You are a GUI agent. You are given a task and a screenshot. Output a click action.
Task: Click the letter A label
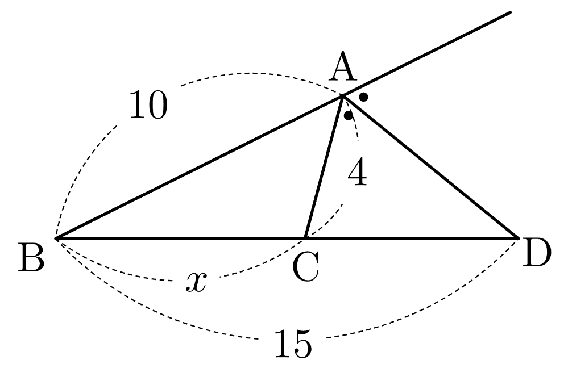pyautogui.click(x=343, y=67)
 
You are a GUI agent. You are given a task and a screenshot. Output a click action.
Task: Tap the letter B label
pyautogui.click(x=31, y=257)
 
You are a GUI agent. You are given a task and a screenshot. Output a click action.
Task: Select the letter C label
pyautogui.click(x=306, y=267)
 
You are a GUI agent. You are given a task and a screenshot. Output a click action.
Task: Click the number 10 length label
pyautogui.click(x=148, y=105)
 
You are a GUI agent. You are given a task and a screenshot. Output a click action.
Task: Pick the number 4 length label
pyautogui.click(x=357, y=174)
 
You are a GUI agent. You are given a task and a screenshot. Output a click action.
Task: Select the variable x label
pyautogui.click(x=196, y=282)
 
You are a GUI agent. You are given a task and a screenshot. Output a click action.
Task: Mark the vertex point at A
pyautogui.click(x=342, y=96)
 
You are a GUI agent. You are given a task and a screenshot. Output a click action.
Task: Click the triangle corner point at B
pyautogui.click(x=56, y=238)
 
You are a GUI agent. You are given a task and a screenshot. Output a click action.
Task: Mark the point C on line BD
pyautogui.click(x=305, y=238)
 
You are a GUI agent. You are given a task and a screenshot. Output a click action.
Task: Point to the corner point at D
pyautogui.click(x=517, y=238)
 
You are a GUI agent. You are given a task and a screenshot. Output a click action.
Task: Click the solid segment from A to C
pyautogui.click(x=324, y=167)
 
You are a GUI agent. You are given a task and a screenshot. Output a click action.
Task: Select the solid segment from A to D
pyautogui.click(x=430, y=167)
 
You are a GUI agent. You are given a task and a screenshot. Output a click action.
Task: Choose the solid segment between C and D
pyautogui.click(x=412, y=238)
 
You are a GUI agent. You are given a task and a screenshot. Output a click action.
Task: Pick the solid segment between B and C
pyautogui.click(x=181, y=238)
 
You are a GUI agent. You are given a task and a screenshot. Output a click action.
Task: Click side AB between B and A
pyautogui.click(x=199, y=167)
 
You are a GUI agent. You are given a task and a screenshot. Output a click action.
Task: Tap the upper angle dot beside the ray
pyautogui.click(x=364, y=97)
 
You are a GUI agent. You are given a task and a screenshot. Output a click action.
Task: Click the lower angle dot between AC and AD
pyautogui.click(x=349, y=115)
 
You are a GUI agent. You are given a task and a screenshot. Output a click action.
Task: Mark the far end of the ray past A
pyautogui.click(x=510, y=12)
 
